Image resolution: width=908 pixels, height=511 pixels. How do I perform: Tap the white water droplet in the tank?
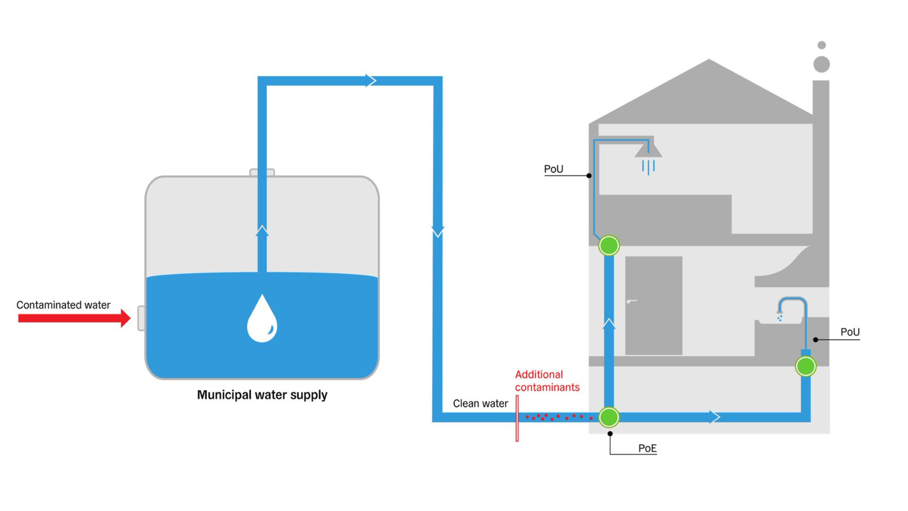click(262, 319)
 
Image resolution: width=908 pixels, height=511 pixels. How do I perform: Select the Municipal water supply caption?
click(262, 395)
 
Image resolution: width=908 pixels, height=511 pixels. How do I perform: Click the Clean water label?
click(480, 404)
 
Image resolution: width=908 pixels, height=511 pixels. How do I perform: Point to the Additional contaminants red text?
click(547, 381)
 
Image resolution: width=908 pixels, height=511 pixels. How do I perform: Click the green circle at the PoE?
click(609, 417)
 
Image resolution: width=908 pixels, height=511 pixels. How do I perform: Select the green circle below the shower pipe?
click(609, 246)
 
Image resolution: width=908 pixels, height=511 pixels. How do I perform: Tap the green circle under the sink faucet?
click(805, 366)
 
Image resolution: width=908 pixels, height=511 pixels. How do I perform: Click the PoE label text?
click(647, 448)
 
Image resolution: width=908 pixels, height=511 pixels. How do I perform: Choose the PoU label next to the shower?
click(553, 169)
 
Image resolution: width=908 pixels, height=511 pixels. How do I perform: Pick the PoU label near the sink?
click(849, 332)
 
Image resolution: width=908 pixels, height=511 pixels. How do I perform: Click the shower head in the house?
click(648, 151)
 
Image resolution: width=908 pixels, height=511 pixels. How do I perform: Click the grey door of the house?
click(654, 306)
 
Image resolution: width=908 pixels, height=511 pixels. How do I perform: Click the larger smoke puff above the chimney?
click(821, 64)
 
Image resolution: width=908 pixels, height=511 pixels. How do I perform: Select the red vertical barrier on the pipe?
click(517, 418)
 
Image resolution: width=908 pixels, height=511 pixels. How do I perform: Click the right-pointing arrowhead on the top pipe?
click(371, 80)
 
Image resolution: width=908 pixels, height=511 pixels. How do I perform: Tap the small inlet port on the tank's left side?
click(141, 318)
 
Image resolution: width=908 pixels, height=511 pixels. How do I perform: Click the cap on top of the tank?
click(262, 172)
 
